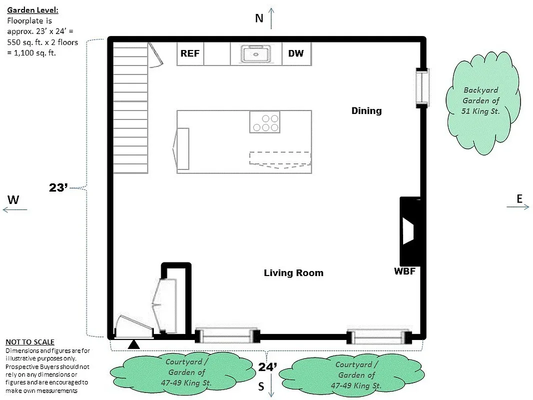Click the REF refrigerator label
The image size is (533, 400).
[190, 53]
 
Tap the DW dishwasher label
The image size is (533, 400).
[296, 53]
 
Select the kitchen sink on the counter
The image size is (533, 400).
[256, 53]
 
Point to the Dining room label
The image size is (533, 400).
[366, 110]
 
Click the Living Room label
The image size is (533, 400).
[293, 273]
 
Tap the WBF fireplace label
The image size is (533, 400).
[405, 272]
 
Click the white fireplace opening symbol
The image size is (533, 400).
[408, 232]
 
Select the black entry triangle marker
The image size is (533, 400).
[133, 344]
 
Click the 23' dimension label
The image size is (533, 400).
[58, 188]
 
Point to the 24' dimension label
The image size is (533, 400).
[268, 366]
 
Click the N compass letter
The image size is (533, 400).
[259, 18]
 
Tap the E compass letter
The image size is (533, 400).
[520, 199]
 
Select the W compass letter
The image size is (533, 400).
[13, 200]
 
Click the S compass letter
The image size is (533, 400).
[261, 386]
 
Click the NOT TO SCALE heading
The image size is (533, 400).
[29, 342]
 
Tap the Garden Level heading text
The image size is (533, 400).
[32, 10]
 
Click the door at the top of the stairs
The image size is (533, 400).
[155, 55]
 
